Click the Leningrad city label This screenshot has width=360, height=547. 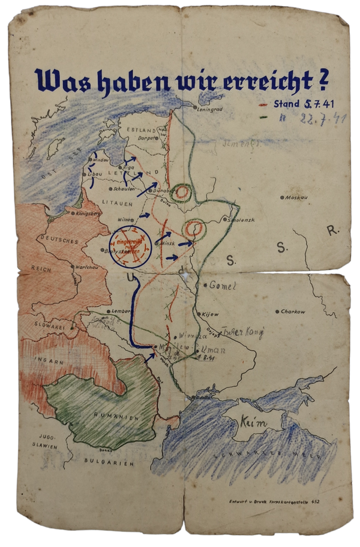212,109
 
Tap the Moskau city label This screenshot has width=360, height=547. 296,197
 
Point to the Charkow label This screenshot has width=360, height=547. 293,312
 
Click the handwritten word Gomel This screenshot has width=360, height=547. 224,285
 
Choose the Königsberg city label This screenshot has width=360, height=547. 87,213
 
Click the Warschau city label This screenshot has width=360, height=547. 86,266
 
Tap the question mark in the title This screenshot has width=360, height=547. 324,79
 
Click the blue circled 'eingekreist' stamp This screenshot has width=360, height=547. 129,245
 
